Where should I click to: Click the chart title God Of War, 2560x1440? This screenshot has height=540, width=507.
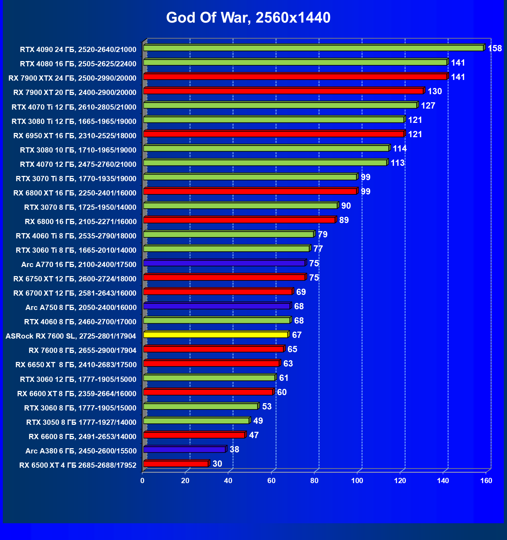[x=248, y=18]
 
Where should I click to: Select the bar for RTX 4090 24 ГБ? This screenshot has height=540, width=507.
[x=313, y=48]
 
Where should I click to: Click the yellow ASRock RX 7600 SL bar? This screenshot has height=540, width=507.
[x=216, y=335]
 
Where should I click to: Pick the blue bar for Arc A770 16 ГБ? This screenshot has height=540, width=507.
[x=224, y=263]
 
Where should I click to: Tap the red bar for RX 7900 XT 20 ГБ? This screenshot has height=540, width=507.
[x=283, y=91]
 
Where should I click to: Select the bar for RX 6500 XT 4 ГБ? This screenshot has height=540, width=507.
[x=176, y=464]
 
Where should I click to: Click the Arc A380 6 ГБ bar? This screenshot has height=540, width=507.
[x=184, y=450]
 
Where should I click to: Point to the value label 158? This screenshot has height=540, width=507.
[x=494, y=49]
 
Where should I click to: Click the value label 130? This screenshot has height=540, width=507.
[x=435, y=91]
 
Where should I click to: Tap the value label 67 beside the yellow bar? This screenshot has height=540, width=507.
[x=297, y=335]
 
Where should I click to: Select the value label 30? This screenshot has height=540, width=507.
[x=217, y=464]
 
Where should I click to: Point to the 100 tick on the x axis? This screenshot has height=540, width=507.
[x=357, y=481]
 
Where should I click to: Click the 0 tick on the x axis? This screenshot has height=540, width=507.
[x=142, y=481]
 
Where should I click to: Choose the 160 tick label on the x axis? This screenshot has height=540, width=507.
[x=486, y=481]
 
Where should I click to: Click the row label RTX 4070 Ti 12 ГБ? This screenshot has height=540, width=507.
[x=74, y=107]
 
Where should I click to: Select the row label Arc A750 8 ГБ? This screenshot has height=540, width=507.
[x=81, y=308]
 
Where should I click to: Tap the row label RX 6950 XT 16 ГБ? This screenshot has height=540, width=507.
[x=75, y=136]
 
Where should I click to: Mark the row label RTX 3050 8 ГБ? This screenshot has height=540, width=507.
[x=81, y=422]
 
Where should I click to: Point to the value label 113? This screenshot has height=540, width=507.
[x=397, y=163]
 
